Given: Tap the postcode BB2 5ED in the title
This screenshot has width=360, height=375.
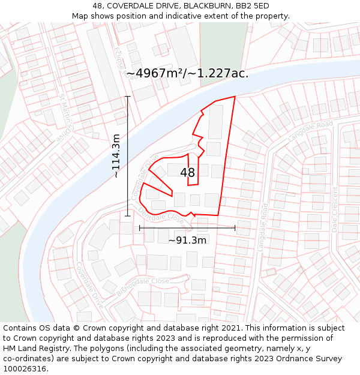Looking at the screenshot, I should (x=253, y=6).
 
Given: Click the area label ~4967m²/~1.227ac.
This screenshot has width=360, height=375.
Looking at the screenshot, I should (x=187, y=73).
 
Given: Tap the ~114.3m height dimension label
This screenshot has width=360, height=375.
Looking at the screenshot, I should (x=116, y=156).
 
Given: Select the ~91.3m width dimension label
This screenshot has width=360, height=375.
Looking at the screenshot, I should (x=187, y=241).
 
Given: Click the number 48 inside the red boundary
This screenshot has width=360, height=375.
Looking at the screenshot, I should (x=187, y=173).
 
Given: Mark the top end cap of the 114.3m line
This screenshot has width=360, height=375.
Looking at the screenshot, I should (x=127, y=96).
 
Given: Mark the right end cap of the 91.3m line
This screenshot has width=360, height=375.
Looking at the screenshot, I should (x=235, y=228).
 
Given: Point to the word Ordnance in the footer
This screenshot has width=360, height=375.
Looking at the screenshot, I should (x=296, y=359).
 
